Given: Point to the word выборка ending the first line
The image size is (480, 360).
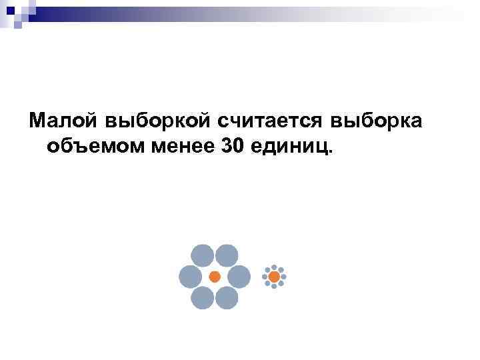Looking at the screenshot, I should pos(383,120).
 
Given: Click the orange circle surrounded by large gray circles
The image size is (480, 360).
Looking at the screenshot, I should pos(215,277).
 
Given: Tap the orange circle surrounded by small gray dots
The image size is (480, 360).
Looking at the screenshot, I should pos(274,276).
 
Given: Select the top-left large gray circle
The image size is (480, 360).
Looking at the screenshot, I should pos(203,256).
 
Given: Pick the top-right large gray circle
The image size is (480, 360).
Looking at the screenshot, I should pos(227,256).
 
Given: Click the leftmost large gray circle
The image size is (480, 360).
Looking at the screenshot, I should pos(190,277).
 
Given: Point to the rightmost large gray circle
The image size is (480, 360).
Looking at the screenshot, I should pos(239,277).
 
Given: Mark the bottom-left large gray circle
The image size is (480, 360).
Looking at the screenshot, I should pos(203,298).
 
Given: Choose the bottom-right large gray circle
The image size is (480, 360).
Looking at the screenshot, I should pos(227,298).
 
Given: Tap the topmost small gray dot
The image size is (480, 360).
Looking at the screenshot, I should pos(274,267).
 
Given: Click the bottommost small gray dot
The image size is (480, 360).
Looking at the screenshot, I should pos(274,286).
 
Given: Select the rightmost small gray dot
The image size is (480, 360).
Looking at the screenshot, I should pos(284,276).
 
